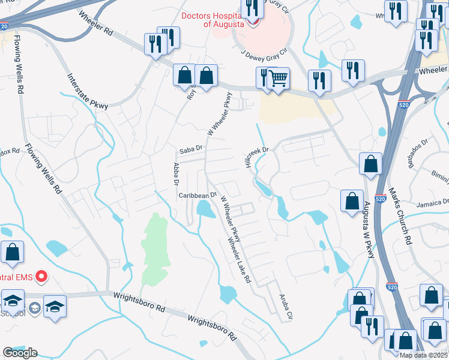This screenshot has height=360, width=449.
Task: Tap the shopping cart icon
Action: click(x=278, y=78)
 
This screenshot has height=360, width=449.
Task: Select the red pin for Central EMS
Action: click(x=41, y=277)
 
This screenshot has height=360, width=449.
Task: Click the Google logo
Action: click(x=20, y=353)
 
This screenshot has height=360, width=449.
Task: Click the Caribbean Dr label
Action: click(x=197, y=196)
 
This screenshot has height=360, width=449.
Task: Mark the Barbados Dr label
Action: click(x=418, y=155)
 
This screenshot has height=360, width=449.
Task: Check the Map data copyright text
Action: click(x=423, y=355)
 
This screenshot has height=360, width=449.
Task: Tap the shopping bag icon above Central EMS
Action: click(x=12, y=254)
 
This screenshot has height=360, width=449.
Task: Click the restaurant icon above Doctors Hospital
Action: click(x=251, y=7)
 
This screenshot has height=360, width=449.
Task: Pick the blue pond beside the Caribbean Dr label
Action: click(x=205, y=209)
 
